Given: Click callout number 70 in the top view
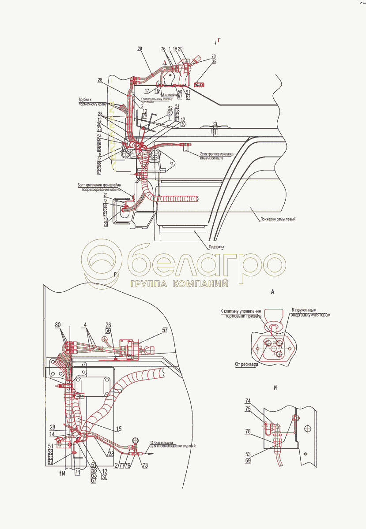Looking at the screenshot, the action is click(x=214, y=56).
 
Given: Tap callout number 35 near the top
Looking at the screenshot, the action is click(x=214, y=62).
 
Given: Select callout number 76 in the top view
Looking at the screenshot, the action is click(x=163, y=49).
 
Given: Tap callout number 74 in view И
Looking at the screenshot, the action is click(x=248, y=400).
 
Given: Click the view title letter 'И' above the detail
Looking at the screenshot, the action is click(x=275, y=388).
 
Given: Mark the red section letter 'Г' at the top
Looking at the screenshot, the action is click(x=219, y=40).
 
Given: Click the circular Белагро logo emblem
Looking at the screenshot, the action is click(x=103, y=264).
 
